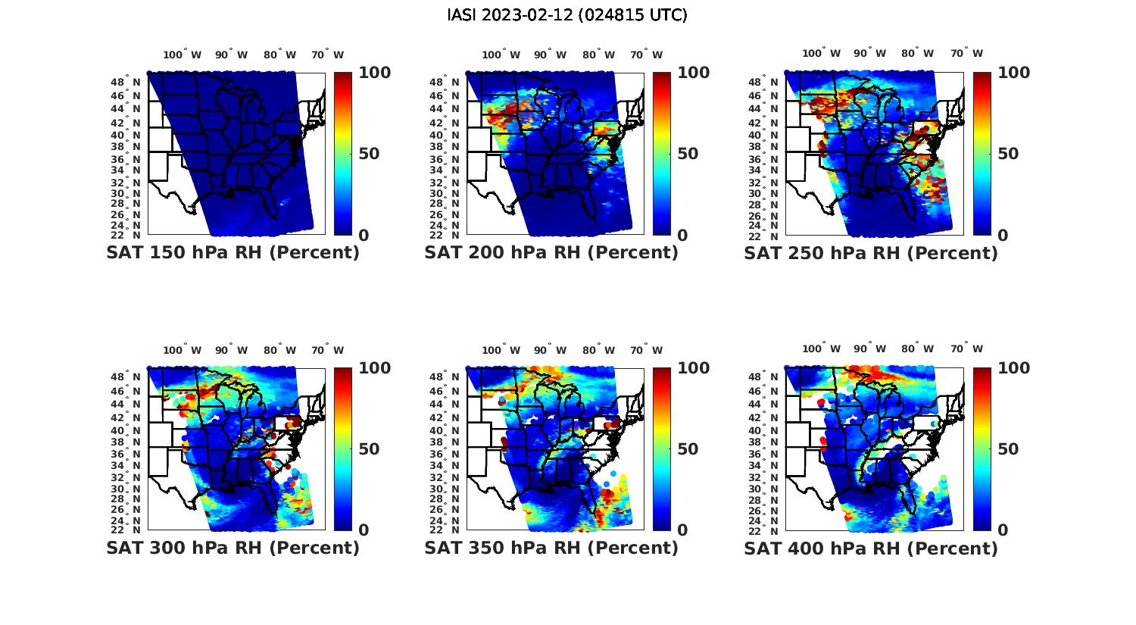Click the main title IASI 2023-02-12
click(567, 15)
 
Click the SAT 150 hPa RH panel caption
click(233, 253)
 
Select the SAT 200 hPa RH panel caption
click(551, 253)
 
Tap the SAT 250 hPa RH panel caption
click(871, 253)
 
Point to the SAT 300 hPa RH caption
click(233, 548)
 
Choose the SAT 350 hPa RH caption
click(551, 548)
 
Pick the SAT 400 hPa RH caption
click(871, 548)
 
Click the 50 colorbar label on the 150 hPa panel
click(368, 154)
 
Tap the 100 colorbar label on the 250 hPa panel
click(1013, 73)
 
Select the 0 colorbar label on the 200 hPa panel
click(682, 236)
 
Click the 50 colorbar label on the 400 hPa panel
click(1007, 449)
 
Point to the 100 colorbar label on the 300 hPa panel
click(374, 368)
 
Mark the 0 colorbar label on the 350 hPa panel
click(682, 530)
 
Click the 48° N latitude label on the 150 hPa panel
click(126, 82)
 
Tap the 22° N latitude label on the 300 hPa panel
click(126, 529)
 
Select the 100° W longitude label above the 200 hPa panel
click(501, 55)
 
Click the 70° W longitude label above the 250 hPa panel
click(966, 54)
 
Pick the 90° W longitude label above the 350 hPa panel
click(550, 350)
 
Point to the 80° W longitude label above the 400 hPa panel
click(917, 349)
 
